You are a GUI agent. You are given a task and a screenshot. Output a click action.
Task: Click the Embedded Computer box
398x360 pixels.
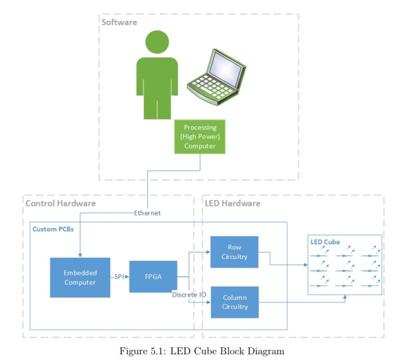80,277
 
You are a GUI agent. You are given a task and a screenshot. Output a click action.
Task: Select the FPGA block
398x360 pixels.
153,276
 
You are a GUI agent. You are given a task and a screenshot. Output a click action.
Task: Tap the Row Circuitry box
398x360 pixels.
234,252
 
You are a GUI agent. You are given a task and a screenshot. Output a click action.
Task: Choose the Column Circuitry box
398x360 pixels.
234,302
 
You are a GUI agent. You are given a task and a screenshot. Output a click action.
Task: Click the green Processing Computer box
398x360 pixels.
200,136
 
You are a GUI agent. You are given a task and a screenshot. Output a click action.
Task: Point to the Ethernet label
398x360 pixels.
147,213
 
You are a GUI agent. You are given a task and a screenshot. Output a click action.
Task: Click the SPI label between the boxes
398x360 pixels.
119,277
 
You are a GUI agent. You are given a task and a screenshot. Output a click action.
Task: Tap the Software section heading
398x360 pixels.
119,22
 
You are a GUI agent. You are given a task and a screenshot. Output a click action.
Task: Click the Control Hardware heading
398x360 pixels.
61,203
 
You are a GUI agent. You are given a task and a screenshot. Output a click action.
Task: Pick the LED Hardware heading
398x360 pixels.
232,203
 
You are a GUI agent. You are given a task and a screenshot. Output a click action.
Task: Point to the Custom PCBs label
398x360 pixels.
54,229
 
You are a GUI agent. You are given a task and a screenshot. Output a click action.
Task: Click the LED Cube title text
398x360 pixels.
325,242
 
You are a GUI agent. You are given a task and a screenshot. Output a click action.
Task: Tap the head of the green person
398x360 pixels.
157,42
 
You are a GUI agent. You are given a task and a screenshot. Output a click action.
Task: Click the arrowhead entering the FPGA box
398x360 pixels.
127,277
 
